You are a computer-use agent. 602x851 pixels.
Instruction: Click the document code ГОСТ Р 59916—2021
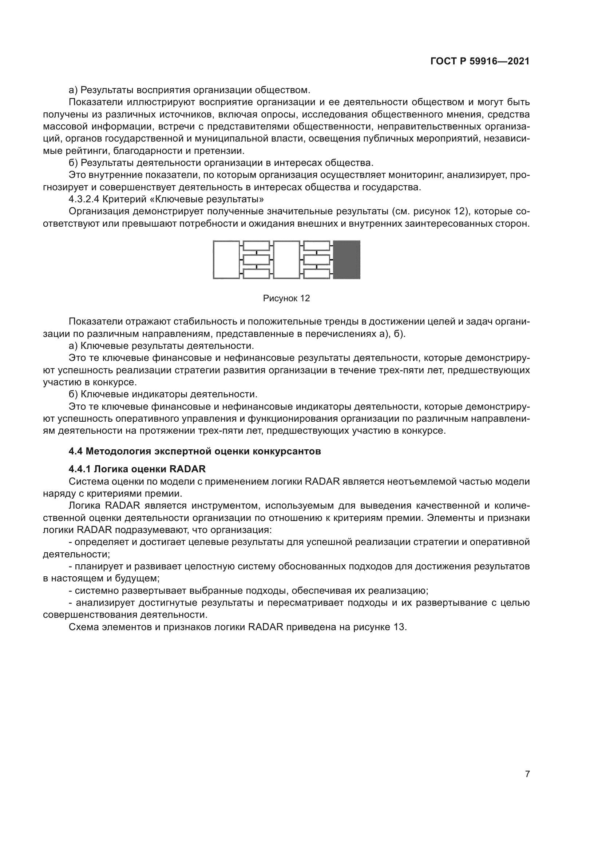[x=480, y=61]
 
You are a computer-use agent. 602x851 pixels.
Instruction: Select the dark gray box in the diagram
[x=346, y=259]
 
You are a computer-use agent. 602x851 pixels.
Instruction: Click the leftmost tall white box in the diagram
[x=226, y=259]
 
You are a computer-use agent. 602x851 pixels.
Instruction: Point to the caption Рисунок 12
[x=286, y=298]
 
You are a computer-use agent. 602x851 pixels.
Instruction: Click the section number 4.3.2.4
[x=84, y=199]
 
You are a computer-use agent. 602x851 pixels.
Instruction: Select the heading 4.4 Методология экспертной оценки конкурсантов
[x=195, y=451]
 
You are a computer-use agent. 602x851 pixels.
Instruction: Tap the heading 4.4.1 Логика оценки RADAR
[x=137, y=469]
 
